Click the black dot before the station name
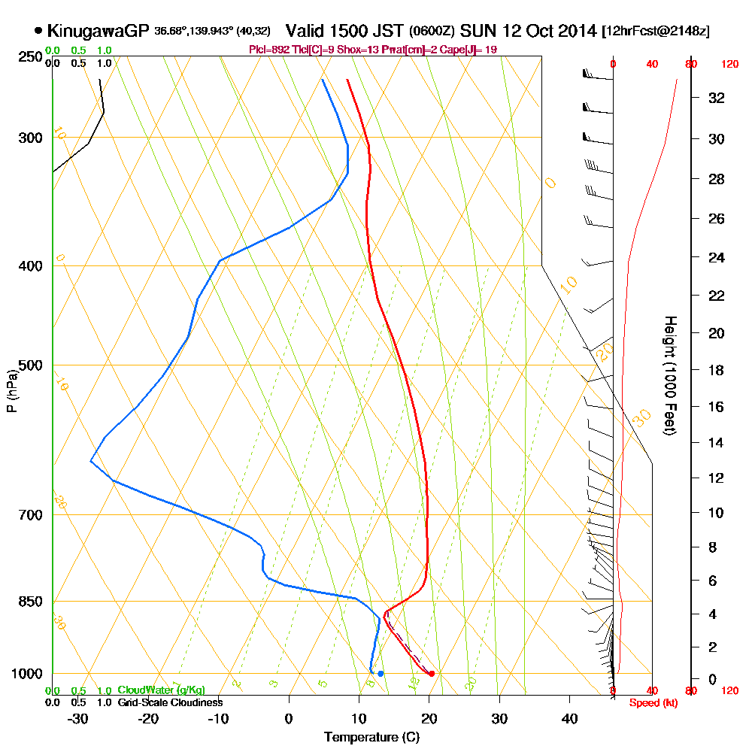38,32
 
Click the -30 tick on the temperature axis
78,718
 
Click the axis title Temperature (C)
371,737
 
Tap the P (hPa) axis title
11,391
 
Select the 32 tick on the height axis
717,98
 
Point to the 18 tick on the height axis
717,370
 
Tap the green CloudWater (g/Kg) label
161,690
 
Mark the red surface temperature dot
432,673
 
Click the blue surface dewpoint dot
381,673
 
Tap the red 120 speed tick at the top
729,65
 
